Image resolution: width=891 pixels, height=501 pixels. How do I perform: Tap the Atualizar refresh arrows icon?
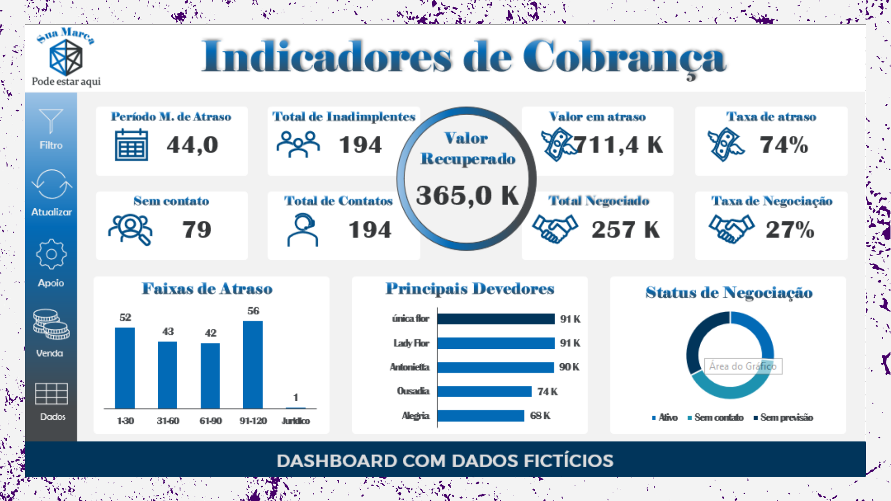click(52, 184)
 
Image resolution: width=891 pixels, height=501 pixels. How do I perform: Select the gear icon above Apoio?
click(51, 254)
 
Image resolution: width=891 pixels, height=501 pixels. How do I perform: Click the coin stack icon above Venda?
click(51, 324)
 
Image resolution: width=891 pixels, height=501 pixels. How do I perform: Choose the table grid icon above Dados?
click(52, 394)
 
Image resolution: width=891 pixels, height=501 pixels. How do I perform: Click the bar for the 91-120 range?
click(253, 365)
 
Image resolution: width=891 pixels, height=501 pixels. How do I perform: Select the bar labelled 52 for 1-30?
click(125, 368)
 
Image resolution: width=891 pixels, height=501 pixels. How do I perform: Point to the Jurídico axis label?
click(296, 421)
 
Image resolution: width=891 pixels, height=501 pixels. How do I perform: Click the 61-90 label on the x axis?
click(210, 421)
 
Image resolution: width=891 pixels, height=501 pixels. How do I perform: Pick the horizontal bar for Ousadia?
click(484, 392)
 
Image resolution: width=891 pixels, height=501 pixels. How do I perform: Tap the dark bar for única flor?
click(496, 319)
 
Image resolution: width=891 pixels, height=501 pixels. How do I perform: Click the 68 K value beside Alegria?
click(540, 416)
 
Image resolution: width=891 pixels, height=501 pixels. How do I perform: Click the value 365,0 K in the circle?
click(467, 195)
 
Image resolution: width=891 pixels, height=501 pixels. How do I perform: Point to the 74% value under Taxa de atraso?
click(784, 145)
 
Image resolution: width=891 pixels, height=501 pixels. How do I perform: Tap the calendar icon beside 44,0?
click(131, 145)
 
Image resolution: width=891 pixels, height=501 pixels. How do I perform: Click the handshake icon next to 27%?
click(731, 229)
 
